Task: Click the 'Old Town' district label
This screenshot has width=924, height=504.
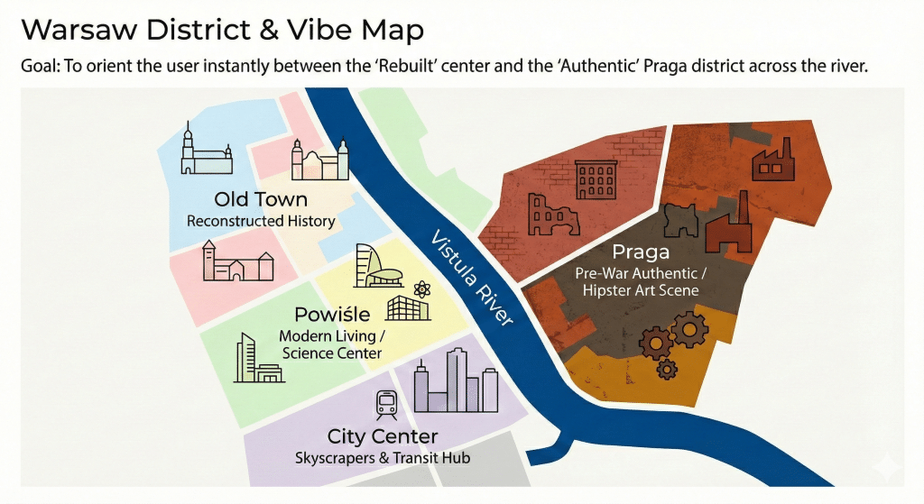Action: [261, 199]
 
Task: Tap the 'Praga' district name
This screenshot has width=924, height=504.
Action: [640, 252]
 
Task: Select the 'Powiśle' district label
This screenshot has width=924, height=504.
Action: [331, 316]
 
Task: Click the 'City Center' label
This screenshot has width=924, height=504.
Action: [383, 437]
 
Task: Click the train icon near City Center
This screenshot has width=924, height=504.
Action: [387, 404]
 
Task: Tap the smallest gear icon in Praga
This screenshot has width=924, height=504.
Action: [667, 368]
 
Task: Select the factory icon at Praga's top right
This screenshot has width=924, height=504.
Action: [772, 160]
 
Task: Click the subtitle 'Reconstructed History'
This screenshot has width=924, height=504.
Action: [261, 221]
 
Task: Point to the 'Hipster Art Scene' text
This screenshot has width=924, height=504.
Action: [640, 290]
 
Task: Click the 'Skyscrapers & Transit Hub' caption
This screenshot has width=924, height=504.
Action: [383, 458]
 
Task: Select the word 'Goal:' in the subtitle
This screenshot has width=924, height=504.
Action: [40, 68]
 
